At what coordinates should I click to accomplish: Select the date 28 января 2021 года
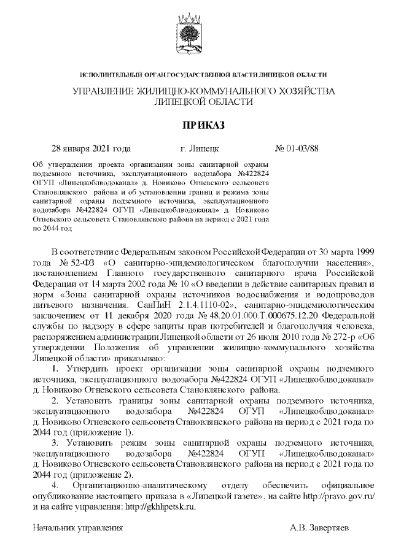tap(91, 148)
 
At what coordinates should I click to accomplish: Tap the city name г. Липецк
tap(196, 148)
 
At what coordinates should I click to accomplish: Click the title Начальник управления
tap(78, 527)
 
